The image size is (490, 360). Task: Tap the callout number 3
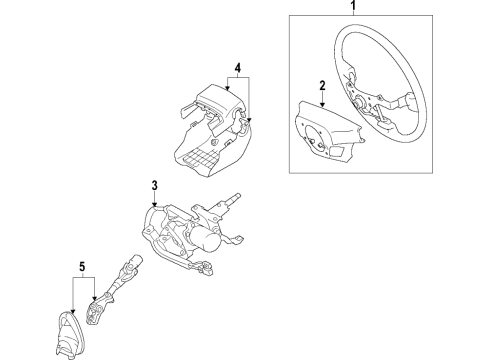[x=155, y=186]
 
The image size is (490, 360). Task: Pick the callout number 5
[x=82, y=268]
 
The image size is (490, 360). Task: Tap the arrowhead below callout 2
[x=323, y=106]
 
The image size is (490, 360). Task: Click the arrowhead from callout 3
[x=155, y=205]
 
